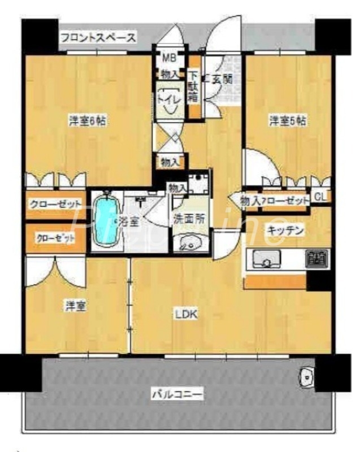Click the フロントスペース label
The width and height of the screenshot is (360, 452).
(x=98, y=38)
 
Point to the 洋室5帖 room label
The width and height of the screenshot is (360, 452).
(x=287, y=120)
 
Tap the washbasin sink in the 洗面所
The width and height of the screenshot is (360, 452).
(x=189, y=244)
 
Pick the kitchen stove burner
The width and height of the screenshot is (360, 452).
(x=316, y=259)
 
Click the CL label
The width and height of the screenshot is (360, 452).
(x=320, y=197)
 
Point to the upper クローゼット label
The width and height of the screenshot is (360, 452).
(x=56, y=203)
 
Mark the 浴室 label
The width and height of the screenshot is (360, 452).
(x=125, y=221)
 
